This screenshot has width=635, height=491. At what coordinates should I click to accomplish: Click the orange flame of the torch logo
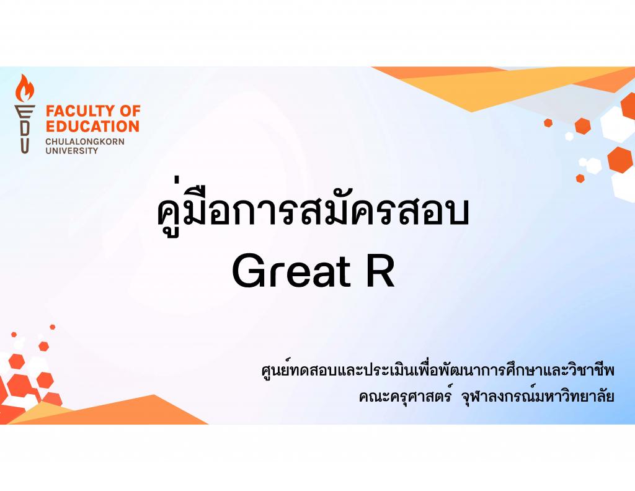25,88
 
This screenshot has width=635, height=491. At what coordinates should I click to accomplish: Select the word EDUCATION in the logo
92,126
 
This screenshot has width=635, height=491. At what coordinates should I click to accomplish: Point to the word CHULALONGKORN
84,142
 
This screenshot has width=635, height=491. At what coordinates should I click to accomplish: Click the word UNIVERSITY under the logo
72,150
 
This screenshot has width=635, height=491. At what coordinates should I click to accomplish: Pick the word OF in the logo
129,110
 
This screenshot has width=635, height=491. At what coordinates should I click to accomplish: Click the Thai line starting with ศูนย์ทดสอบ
438,370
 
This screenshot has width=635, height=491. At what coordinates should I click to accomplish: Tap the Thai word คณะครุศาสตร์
405,396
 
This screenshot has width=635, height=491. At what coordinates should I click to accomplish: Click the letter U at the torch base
25,145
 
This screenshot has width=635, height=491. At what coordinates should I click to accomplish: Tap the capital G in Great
248,271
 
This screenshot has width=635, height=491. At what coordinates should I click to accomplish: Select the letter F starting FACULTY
50,110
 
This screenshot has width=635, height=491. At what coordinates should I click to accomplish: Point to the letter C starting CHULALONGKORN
48,142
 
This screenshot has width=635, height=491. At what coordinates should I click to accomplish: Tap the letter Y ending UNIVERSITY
95,150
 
